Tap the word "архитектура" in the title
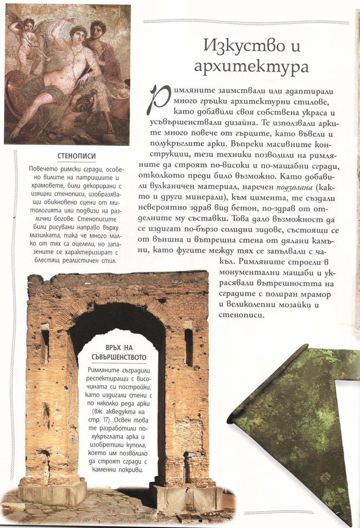point(251,66)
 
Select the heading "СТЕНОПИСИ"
point(77,156)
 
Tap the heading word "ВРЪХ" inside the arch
point(111,348)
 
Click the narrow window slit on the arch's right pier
point(189,347)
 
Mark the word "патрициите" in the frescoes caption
point(87,178)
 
